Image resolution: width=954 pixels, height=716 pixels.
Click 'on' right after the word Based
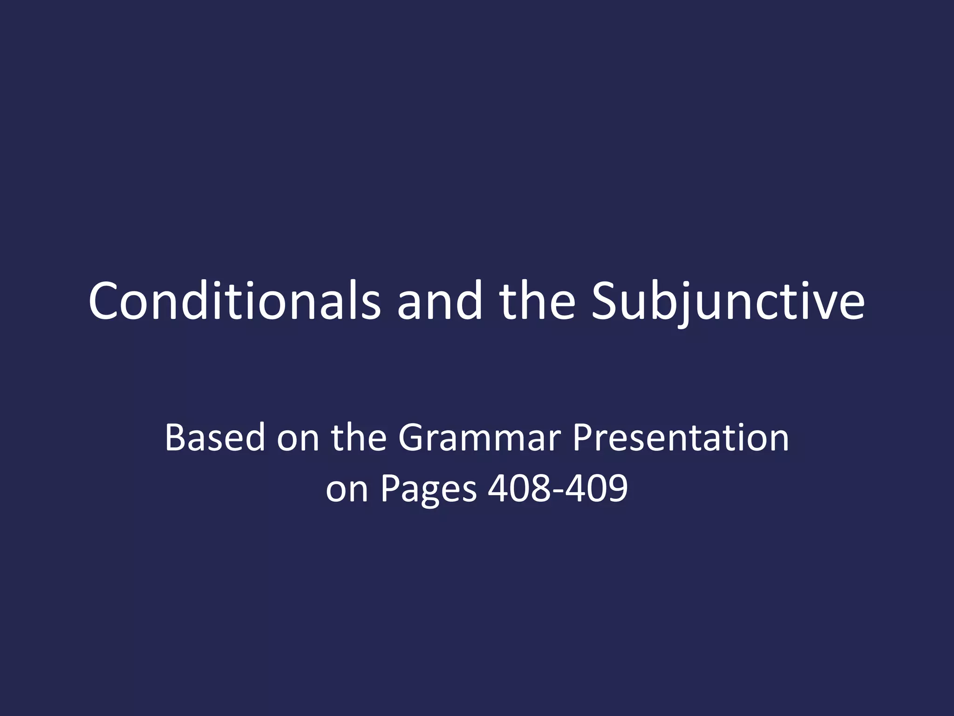pyautogui.click(x=298, y=438)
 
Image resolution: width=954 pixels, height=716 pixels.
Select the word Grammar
pyautogui.click(x=479, y=438)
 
